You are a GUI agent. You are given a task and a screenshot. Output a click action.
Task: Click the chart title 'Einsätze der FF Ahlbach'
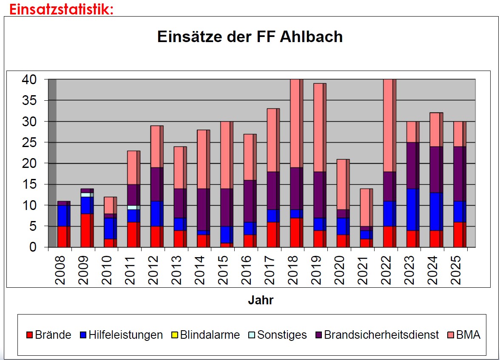pos(250,37)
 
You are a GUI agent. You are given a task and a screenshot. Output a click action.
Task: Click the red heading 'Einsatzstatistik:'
pos(62,9)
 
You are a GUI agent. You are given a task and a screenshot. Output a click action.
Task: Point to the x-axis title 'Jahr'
pos(261,300)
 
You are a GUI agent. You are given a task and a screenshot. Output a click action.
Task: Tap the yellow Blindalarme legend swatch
pos(175,335)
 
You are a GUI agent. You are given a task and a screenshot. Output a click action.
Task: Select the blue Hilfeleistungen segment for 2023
pos(411,210)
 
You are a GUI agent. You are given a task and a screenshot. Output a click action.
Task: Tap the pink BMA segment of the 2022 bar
pos(388,125)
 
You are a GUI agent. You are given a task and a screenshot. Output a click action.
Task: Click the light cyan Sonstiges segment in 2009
pos(85,195)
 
